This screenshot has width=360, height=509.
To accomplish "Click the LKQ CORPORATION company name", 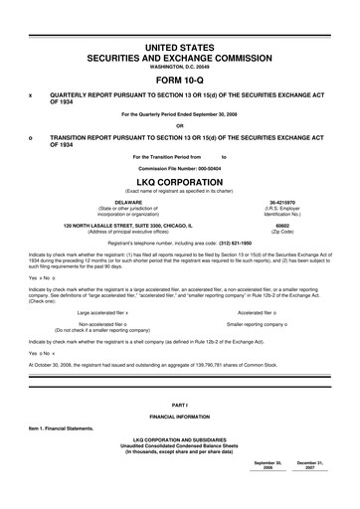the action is tap(179, 183).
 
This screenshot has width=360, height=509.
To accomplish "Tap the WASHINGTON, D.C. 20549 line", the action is tap(179, 68).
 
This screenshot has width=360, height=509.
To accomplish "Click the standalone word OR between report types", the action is tap(179, 125).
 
